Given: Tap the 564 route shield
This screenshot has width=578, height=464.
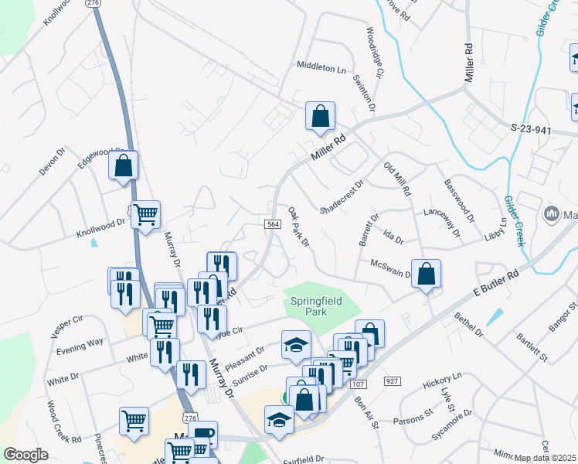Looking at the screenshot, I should [x=271, y=224].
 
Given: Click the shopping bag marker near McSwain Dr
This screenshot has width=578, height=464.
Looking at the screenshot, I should [x=426, y=274].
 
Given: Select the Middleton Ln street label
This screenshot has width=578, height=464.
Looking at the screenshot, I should [x=321, y=68].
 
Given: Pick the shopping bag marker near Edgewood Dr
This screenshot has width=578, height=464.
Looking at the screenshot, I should [x=123, y=165].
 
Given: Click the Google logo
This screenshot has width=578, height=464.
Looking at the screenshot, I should [x=26, y=455].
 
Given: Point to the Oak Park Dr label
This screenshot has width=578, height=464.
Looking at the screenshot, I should [x=298, y=227].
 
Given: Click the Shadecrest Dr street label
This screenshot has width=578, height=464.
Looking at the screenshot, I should [x=341, y=198].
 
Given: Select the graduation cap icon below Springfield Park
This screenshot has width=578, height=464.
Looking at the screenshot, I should [x=296, y=345].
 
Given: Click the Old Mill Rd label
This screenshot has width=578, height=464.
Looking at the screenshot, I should [x=397, y=179].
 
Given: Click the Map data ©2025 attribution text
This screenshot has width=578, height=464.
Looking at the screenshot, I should [x=546, y=458].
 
